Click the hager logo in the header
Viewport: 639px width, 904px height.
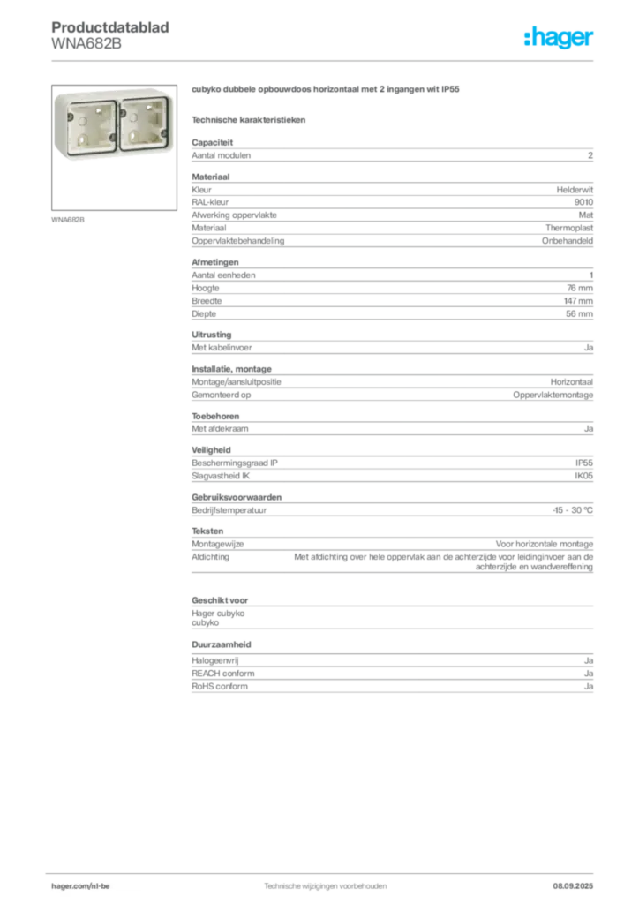click(x=559, y=37)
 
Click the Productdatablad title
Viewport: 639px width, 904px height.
click(x=110, y=27)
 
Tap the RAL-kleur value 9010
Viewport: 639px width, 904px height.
click(x=583, y=202)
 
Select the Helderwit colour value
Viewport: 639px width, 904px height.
click(x=575, y=190)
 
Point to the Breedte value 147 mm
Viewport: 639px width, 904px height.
click(x=578, y=301)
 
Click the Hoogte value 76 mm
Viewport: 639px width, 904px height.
click(x=580, y=289)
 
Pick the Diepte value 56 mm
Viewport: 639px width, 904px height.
click(x=579, y=314)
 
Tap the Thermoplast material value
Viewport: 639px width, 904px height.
click(x=569, y=229)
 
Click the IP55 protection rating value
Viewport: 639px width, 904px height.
click(x=583, y=463)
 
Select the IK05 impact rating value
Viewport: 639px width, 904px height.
click(x=583, y=476)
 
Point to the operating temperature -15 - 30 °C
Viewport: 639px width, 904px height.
click(x=573, y=510)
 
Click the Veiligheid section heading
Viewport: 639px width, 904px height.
click(x=211, y=450)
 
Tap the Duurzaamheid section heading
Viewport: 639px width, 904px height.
click(x=222, y=644)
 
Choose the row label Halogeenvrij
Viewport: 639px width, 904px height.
click(x=215, y=660)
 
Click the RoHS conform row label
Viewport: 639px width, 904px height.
click(x=220, y=687)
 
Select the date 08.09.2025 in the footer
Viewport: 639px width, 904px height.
click(x=573, y=886)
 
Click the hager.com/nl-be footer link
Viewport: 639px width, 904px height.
click(x=80, y=886)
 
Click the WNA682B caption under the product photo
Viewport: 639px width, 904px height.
click(x=68, y=220)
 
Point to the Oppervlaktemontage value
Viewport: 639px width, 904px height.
click(x=553, y=395)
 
